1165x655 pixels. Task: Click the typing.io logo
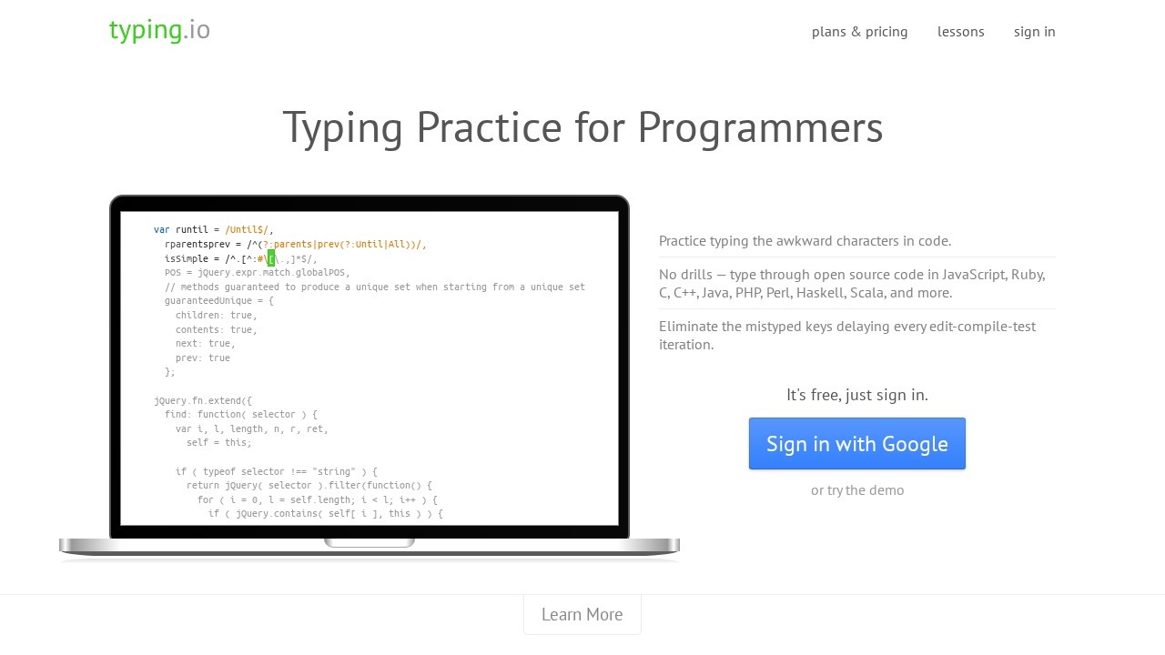(159, 30)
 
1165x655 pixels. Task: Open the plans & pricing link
(859, 32)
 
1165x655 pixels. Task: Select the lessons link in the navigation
(960, 32)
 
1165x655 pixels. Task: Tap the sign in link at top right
(1034, 32)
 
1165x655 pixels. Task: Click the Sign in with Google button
(856, 444)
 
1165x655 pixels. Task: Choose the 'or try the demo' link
(857, 490)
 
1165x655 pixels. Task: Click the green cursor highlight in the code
(271, 258)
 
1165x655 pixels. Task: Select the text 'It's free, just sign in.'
(856, 395)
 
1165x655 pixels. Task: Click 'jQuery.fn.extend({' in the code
(203, 400)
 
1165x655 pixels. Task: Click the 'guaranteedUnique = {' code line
(218, 300)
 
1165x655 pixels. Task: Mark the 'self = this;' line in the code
(218, 443)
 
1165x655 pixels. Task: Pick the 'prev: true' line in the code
(202, 358)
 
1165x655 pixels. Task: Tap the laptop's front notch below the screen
(370, 542)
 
